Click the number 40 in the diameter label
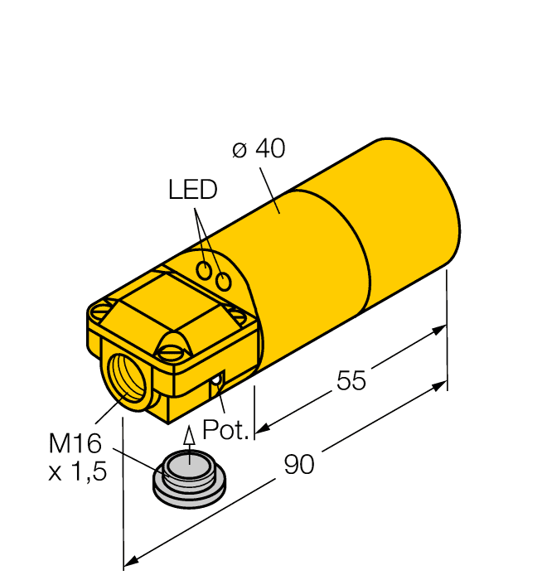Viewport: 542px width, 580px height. [x=269, y=149]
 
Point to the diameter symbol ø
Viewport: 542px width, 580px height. [x=240, y=150]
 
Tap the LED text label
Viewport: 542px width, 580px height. [x=192, y=191]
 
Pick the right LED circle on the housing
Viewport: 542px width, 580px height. [x=222, y=282]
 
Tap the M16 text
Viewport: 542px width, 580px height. [x=74, y=444]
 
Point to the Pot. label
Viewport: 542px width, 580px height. [x=225, y=430]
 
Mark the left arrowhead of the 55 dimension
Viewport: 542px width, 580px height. [x=261, y=428]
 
